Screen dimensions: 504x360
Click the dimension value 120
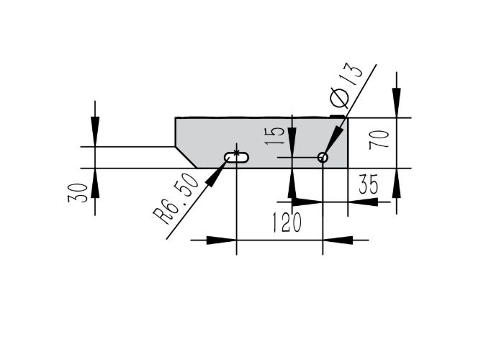[287, 222]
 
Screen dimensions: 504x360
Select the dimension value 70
[379, 140]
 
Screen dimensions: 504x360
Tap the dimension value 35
[369, 184]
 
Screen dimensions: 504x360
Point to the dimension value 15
[275, 136]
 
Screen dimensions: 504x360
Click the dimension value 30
[78, 193]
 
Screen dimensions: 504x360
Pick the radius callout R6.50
[176, 199]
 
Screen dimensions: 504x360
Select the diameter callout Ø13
[346, 85]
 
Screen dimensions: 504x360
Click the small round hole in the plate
[323, 158]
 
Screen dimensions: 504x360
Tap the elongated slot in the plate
[237, 158]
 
